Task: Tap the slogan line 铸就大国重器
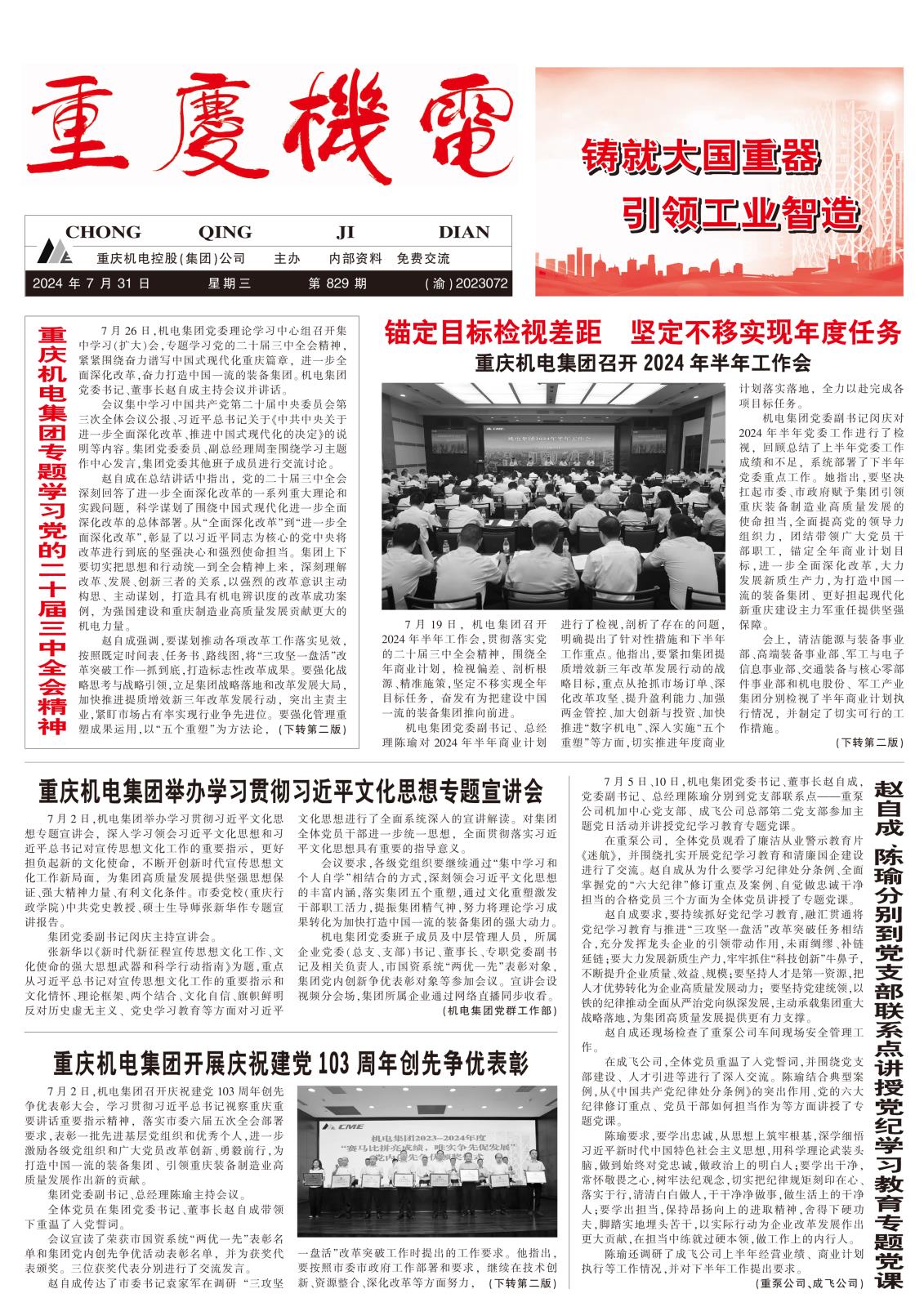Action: pos(699,155)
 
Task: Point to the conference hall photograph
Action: pos(553,496)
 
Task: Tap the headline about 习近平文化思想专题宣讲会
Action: pos(291,791)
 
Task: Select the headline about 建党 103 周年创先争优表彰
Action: pos(291,1064)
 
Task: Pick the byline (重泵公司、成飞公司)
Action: pos(807,1283)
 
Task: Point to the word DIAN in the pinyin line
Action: pos(463,232)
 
